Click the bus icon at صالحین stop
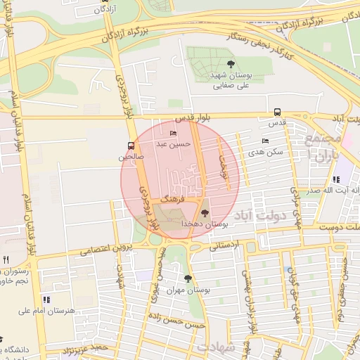coord(130,146)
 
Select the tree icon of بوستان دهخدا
coord(205,212)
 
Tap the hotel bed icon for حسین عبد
coord(174,134)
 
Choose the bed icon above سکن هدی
coord(264,141)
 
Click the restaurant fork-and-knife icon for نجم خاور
coord(6,259)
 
